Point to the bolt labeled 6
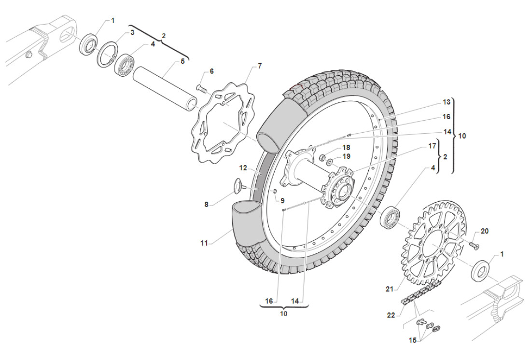tap(201, 88)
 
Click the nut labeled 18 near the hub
tap(322, 157)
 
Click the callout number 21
tap(390, 289)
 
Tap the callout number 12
tap(243, 168)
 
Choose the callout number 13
tap(446, 102)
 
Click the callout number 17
tap(432, 145)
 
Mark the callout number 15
tap(412, 340)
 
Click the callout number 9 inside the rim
tap(283, 200)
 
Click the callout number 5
tap(182, 61)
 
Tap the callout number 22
tap(391, 315)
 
